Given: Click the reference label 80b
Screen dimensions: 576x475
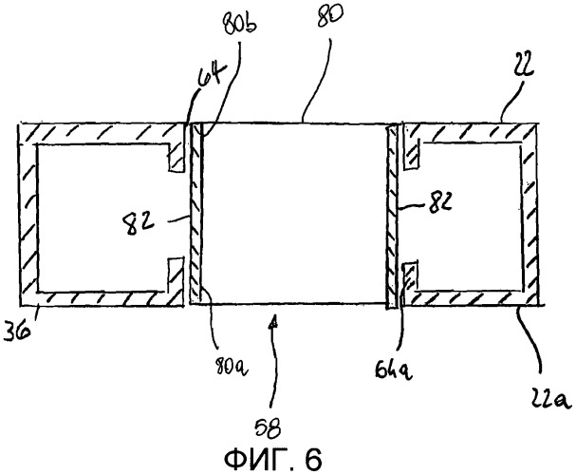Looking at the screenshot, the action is point(240,26).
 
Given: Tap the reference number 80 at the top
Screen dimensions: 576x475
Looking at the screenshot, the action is point(330,16).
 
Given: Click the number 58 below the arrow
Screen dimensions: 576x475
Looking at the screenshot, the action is point(269,428).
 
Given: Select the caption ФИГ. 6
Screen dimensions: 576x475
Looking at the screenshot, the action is point(272,459).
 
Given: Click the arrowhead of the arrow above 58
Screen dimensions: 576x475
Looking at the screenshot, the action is point(271,324).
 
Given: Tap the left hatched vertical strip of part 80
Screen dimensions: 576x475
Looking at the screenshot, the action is point(195,214).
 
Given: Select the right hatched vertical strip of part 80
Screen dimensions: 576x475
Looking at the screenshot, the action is point(392,217).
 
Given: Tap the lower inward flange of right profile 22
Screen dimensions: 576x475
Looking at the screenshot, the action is point(410,283).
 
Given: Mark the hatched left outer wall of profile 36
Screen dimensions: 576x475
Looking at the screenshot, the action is point(28,215).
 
